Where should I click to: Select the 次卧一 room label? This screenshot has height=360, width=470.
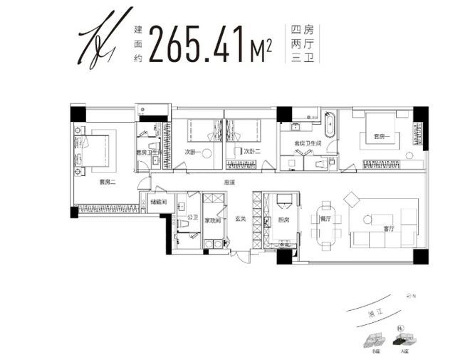[x=192, y=152]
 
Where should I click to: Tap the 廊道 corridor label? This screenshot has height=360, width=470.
[x=229, y=182]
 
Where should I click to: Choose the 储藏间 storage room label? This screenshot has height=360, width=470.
[x=159, y=202]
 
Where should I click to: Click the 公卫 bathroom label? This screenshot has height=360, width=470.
[x=192, y=217]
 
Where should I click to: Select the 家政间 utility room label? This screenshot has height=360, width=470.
[x=213, y=220]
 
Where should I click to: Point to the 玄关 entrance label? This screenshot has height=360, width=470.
[x=240, y=219]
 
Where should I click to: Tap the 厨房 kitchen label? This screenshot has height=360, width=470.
[x=283, y=220]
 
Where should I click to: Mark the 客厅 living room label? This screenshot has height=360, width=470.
[x=389, y=229]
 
